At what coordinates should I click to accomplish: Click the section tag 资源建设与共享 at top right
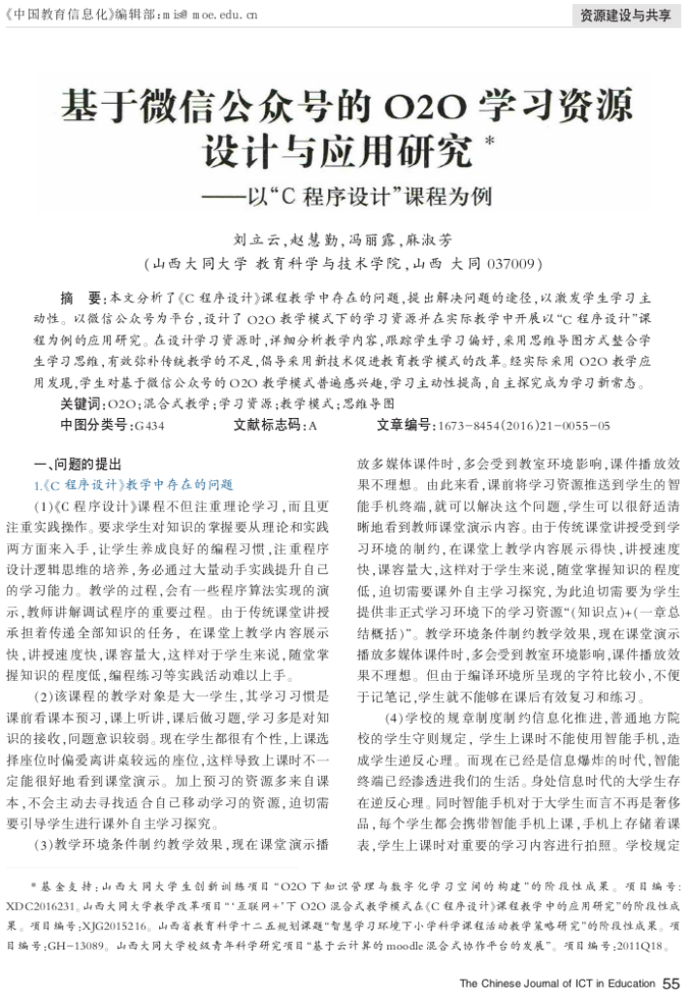point(624,16)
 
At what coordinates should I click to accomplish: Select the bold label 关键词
point(83,403)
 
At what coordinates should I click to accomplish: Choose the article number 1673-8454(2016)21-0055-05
point(524,425)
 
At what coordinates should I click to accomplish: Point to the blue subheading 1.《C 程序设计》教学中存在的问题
point(134,484)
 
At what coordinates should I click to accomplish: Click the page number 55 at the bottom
point(672,983)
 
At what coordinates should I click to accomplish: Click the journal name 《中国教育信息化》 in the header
point(58,16)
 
